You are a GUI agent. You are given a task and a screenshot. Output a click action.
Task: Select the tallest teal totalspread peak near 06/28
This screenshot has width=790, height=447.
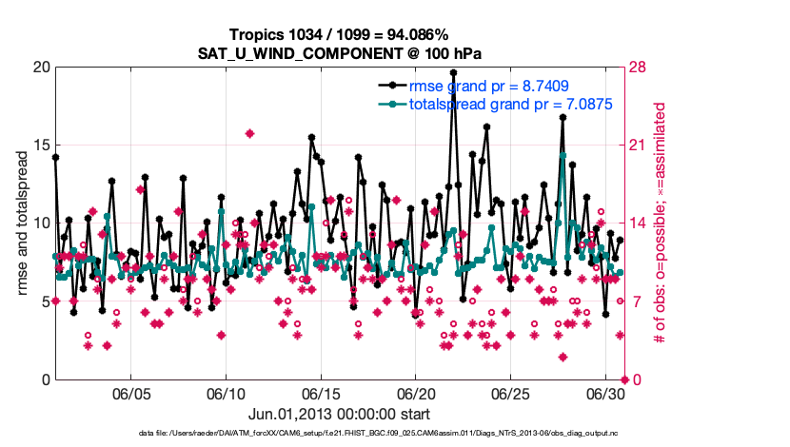tap(563, 154)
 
